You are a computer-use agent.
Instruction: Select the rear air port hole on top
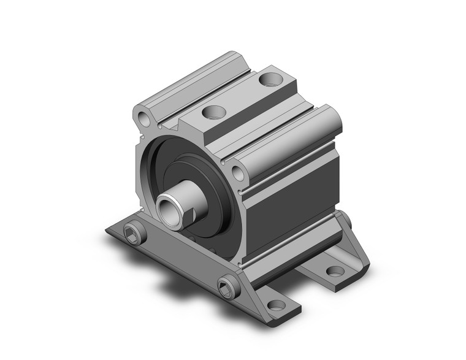coord(269,79)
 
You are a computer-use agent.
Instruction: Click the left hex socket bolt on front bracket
coord(135,232)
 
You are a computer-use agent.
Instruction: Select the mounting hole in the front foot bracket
coord(277,305)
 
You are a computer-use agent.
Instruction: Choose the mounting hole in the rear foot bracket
coord(335,270)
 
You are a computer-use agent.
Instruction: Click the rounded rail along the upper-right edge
coord(288,135)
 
